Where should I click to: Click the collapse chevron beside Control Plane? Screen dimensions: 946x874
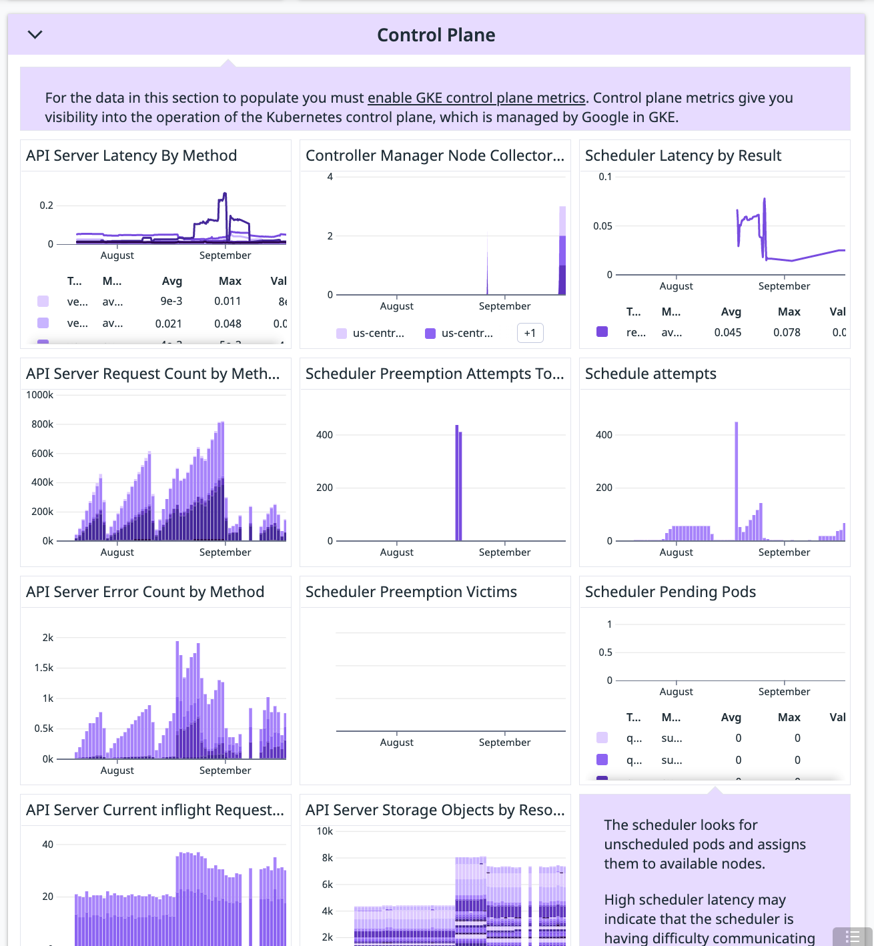(35, 35)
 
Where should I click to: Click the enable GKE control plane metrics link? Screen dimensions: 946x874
(476, 98)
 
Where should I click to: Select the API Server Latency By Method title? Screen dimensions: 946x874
(131, 155)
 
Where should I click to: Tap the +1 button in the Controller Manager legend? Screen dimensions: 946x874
(530, 333)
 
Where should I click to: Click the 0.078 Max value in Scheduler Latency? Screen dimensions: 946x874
(787, 332)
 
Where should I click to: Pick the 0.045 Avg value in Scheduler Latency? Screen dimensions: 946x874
(727, 332)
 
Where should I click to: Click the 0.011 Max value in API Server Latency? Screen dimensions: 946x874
(228, 302)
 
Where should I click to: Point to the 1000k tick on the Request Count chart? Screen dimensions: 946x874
(40, 395)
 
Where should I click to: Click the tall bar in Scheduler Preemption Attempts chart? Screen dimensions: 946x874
(458, 480)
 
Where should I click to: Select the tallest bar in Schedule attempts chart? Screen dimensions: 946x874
(737, 480)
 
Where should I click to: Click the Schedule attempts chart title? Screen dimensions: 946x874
(650, 374)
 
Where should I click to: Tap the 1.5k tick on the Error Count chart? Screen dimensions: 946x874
(44, 668)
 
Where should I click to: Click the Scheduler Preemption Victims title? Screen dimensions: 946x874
(411, 592)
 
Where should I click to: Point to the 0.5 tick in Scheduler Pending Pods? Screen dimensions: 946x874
(605, 652)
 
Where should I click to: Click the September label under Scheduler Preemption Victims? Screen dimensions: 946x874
(504, 743)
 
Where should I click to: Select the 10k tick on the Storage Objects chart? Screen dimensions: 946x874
(325, 831)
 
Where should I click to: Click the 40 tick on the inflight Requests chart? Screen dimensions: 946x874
(48, 845)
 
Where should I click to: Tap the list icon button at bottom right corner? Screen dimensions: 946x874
(852, 937)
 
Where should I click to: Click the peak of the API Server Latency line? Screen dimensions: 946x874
(225, 194)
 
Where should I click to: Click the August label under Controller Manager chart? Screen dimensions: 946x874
(396, 306)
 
